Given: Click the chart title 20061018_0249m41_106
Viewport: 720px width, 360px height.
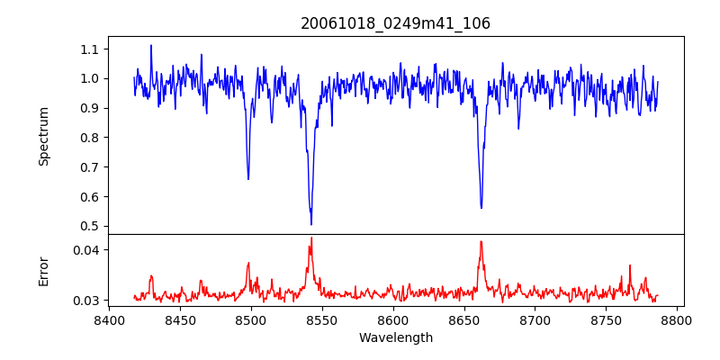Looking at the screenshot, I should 395,23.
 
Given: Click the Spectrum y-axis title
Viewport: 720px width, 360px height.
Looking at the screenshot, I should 44,136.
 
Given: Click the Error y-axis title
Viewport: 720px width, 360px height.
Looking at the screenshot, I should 44,271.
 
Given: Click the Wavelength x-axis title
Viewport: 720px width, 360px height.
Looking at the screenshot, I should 395,338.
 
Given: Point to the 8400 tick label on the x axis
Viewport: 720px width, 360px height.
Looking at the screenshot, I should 108,319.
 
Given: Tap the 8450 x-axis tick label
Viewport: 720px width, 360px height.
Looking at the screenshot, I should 179,319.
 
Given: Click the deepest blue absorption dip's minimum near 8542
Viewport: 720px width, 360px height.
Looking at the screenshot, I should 311,224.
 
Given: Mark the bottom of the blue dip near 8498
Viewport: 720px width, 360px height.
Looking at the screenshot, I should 248,178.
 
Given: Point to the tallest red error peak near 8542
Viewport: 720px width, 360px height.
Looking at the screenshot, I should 311,238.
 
